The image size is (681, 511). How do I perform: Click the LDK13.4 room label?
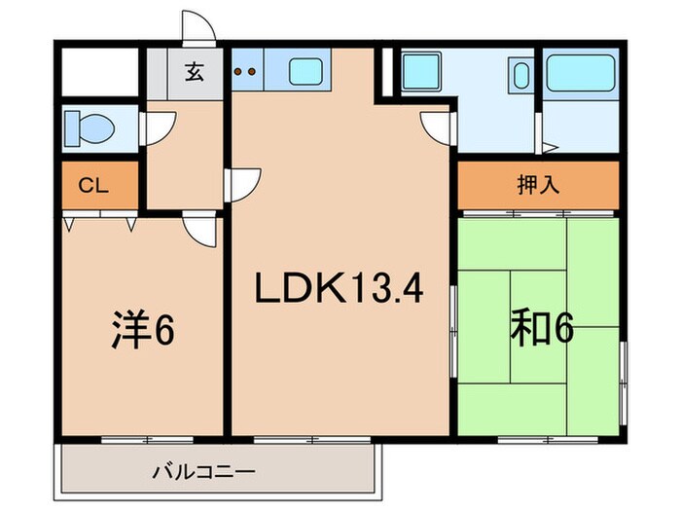340,289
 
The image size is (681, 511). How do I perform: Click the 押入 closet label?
538,185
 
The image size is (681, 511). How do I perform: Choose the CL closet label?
92,185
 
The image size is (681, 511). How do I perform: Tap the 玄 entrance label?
195,72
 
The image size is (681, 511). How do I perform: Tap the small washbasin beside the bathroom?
520,74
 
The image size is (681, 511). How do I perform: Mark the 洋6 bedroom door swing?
200,230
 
